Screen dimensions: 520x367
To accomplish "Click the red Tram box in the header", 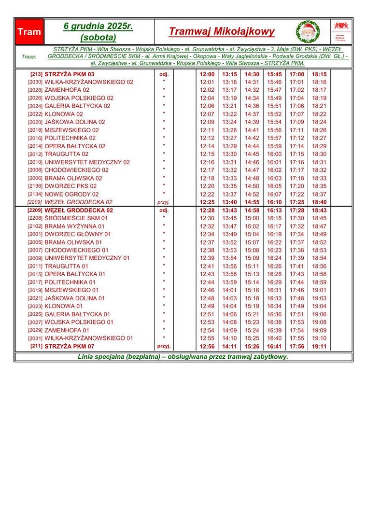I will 29,32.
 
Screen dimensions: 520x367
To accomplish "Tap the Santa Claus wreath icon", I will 308,32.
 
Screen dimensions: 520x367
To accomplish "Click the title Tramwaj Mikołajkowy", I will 222,32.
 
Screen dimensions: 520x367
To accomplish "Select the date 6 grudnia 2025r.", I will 98,26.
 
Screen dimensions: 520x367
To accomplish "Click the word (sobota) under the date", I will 98,37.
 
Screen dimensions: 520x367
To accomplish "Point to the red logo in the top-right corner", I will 341,26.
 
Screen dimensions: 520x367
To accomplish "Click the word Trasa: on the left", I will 29,56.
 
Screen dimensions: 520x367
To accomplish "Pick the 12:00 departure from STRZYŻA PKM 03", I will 207,74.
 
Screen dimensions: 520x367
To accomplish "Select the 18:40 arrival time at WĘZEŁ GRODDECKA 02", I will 319,202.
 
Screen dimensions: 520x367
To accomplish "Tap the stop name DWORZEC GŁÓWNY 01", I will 77,234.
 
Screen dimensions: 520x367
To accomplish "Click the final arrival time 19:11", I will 319,346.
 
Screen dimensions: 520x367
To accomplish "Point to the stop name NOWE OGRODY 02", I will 71,194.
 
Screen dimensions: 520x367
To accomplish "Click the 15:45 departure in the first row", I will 274,74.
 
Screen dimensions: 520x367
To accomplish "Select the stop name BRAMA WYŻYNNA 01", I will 74,226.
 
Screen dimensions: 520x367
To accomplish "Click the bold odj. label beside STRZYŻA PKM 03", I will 164,74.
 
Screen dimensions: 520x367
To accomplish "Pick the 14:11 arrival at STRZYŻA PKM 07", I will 229,346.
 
